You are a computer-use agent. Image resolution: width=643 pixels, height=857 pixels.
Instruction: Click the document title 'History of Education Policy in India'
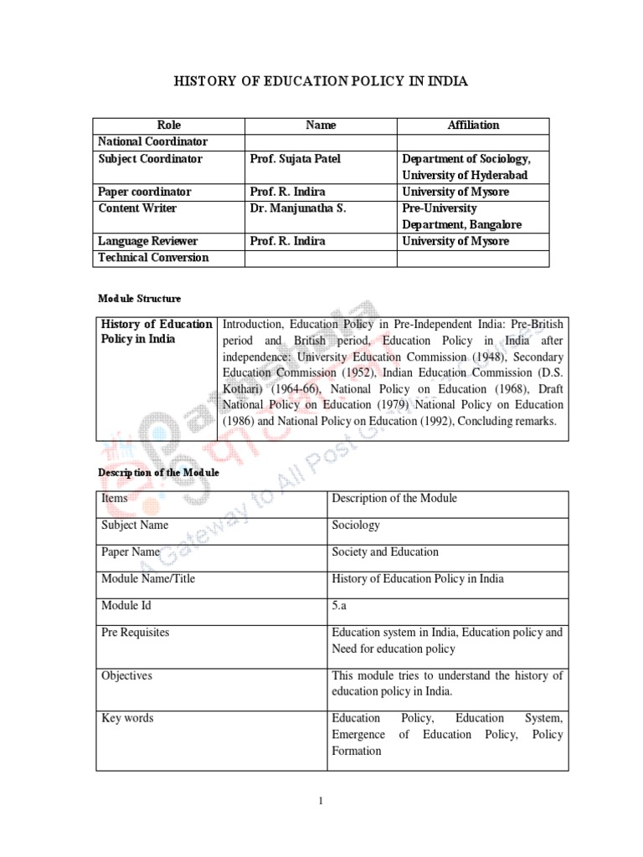click(x=321, y=81)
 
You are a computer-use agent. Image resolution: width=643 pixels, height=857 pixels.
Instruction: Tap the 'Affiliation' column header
click(x=473, y=125)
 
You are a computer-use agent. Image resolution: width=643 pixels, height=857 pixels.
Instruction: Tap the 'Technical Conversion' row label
click(x=153, y=258)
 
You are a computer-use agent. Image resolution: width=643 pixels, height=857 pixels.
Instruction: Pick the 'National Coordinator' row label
click(x=152, y=141)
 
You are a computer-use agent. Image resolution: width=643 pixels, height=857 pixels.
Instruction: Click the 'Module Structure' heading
click(x=139, y=298)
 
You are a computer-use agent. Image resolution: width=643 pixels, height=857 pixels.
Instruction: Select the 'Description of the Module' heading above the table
click(x=158, y=472)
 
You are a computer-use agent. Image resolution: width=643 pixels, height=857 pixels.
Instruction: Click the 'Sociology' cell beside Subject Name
click(x=356, y=525)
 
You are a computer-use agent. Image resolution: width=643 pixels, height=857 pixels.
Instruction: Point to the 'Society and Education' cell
click(x=385, y=552)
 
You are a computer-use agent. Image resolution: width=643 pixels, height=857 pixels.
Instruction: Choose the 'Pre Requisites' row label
click(x=135, y=632)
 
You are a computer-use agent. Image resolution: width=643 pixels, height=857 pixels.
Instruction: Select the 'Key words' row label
click(x=127, y=718)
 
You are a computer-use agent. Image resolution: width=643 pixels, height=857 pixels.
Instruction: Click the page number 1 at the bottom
click(x=321, y=801)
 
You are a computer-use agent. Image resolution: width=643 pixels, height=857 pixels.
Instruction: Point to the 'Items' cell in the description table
click(x=115, y=498)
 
